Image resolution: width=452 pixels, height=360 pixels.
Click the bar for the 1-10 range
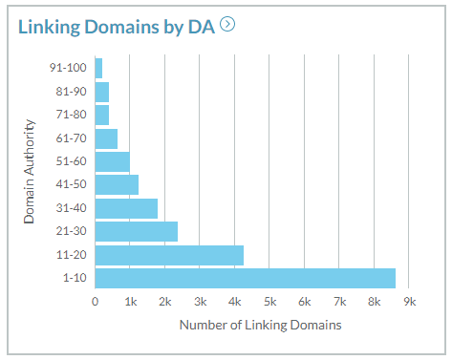click(245, 278)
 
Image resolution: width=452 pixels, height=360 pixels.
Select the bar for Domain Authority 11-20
click(169, 255)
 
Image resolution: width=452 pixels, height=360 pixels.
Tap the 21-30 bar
click(136, 231)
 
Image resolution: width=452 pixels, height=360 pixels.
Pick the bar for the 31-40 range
click(126, 208)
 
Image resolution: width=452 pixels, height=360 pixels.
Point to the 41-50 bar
click(117, 184)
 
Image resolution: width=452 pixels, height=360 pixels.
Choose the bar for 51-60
click(112, 161)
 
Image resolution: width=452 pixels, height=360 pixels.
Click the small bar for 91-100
click(98, 68)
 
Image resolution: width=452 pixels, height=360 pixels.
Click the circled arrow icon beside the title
click(227, 24)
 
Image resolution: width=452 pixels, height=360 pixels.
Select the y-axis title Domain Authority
click(30, 172)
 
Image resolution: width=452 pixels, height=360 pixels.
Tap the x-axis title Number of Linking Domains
click(260, 326)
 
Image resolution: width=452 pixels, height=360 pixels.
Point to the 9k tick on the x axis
click(409, 302)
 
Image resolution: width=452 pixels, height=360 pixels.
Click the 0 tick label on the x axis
click(96, 302)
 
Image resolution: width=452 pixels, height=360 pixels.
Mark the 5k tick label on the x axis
click(269, 302)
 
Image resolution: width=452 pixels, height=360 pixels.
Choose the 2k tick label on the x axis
click(164, 302)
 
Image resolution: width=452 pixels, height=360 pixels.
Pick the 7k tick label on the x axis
click(339, 302)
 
